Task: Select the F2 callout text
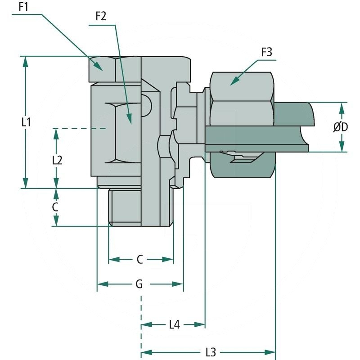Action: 101,17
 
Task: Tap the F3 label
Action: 266,52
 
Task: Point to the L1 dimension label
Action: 26,122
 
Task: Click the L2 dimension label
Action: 57,160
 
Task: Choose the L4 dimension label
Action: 174,324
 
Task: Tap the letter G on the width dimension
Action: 139,284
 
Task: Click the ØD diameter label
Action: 341,127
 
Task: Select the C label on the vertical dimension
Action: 55,207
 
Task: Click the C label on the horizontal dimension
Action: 140,260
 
